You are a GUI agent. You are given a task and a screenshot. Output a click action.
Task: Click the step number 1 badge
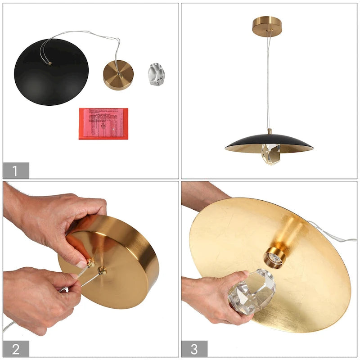point(16,171)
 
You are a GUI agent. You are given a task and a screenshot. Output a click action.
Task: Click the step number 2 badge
point(16,349)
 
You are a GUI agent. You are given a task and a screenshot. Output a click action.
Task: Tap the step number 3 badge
point(194,349)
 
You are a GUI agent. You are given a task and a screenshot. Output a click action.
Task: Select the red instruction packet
point(103,123)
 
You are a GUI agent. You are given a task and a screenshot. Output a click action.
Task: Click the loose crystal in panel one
point(156,74)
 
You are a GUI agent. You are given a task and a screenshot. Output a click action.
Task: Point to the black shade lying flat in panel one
point(50,74)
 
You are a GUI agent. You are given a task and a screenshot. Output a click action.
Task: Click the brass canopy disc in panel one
point(118,75)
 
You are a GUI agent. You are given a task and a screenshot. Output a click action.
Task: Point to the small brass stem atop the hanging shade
point(270,131)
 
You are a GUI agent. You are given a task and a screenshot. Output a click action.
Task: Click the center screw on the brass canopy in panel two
point(102,270)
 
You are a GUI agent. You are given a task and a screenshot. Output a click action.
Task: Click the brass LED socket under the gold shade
point(274,257)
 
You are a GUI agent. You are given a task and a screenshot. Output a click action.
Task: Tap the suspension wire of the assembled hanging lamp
point(268,81)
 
